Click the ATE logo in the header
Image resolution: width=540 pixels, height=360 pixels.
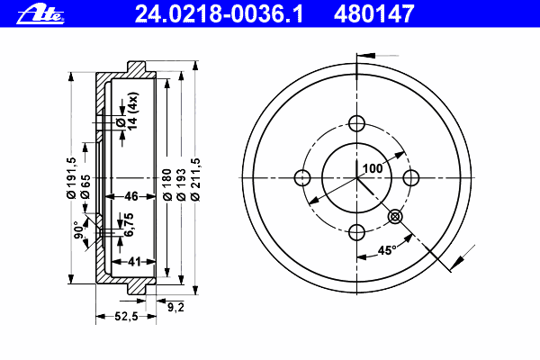(x=40, y=15)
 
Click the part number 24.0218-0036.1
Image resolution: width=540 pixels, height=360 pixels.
(x=219, y=14)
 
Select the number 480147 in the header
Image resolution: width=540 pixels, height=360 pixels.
(x=374, y=14)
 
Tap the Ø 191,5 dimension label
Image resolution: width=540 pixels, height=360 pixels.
(x=71, y=178)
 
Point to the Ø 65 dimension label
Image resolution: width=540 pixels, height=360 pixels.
(x=85, y=186)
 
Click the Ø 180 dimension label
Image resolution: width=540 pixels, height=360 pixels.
(x=167, y=185)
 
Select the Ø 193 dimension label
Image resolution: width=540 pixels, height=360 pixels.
(x=181, y=185)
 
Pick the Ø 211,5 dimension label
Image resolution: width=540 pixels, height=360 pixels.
(x=195, y=179)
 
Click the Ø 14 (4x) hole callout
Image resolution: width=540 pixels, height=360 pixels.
(x=127, y=111)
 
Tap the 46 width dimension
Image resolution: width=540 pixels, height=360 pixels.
(x=131, y=196)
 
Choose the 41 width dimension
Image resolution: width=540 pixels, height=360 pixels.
(x=134, y=262)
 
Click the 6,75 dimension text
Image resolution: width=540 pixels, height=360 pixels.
(x=129, y=225)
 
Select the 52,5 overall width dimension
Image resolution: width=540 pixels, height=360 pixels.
(x=126, y=316)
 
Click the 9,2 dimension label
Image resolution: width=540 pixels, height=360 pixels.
(x=176, y=307)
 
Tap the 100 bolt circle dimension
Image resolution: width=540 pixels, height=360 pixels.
(x=373, y=168)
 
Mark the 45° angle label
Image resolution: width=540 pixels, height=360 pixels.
(x=387, y=250)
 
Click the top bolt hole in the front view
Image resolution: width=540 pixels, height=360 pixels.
(x=356, y=123)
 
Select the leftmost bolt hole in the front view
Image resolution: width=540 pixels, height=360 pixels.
(x=302, y=178)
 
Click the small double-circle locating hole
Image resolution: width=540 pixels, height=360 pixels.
(x=395, y=217)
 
